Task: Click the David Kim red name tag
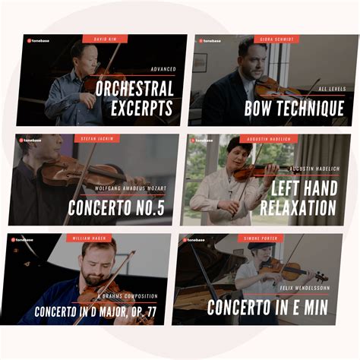(105, 39)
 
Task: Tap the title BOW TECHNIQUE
(294, 109)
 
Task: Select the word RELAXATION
(298, 207)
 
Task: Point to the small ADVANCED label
(163, 69)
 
